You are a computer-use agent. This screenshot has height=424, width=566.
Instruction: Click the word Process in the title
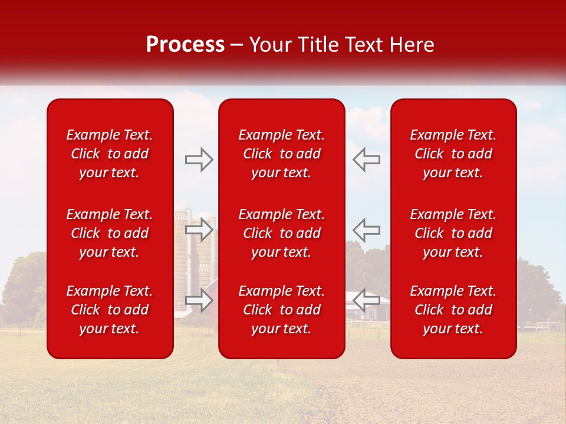(x=185, y=45)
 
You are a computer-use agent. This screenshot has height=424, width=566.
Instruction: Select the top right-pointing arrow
(x=199, y=160)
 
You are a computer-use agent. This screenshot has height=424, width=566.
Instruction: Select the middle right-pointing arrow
(x=199, y=230)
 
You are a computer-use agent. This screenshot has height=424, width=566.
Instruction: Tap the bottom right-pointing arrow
(x=199, y=300)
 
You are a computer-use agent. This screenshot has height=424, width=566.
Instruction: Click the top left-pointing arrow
(x=366, y=160)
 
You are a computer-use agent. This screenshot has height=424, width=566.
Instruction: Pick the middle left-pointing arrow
(x=366, y=230)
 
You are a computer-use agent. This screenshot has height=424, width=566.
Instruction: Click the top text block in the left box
(x=110, y=154)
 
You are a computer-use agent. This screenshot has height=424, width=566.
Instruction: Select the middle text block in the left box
(x=110, y=233)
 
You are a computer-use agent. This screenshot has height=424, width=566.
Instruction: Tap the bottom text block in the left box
(x=110, y=310)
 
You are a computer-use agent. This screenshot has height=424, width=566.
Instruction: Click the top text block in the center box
(x=281, y=154)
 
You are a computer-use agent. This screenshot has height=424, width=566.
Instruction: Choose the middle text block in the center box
(x=281, y=233)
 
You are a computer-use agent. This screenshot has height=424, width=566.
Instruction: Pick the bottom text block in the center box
(x=281, y=310)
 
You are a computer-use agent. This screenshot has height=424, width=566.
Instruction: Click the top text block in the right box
(x=453, y=154)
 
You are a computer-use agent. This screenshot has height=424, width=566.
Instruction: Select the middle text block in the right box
(x=453, y=233)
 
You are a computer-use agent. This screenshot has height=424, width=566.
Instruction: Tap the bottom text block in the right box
(x=453, y=310)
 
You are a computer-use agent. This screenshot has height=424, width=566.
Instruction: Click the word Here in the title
(x=411, y=45)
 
